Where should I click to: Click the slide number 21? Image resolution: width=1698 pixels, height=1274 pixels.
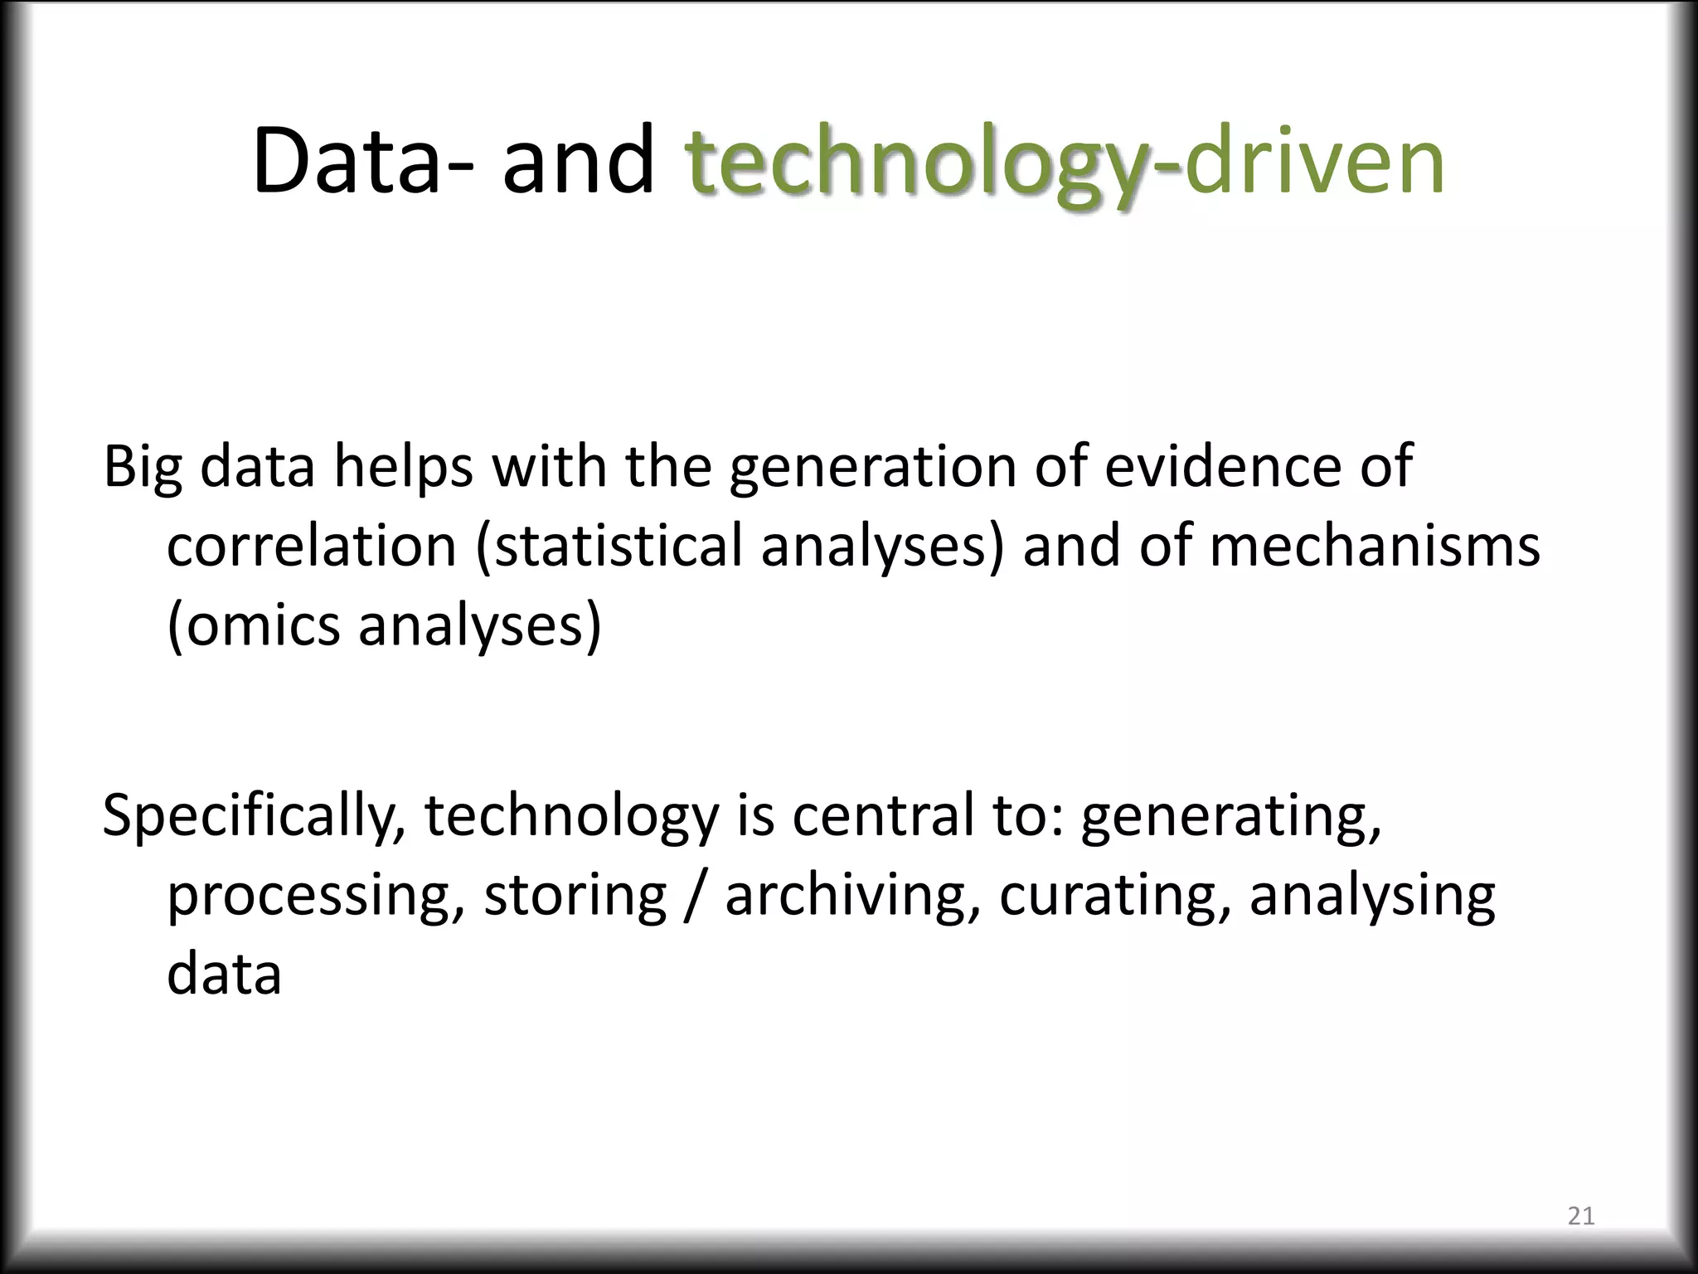[x=1581, y=1217]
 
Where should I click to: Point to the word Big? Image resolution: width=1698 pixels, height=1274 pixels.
[x=142, y=468]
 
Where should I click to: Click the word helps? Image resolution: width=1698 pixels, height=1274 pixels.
[x=403, y=468]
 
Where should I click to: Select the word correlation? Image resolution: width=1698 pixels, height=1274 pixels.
[x=312, y=547]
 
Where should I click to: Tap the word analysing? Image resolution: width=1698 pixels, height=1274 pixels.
[x=1372, y=897]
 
